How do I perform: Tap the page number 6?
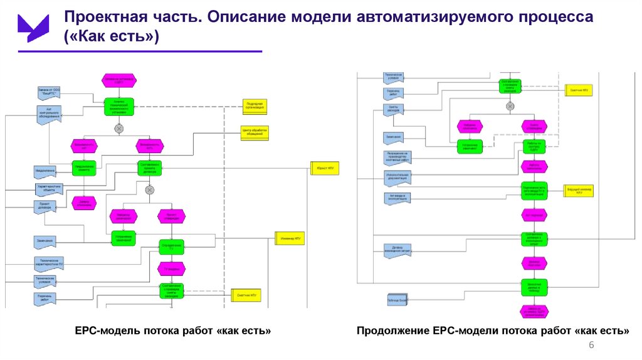point(591,347)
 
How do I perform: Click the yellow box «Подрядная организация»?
point(255,106)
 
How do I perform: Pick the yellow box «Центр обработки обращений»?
point(255,133)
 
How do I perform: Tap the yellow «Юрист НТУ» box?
point(325,168)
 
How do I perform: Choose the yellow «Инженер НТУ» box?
point(289,238)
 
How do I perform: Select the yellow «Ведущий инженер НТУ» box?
point(579,189)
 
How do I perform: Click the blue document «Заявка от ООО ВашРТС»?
point(48,93)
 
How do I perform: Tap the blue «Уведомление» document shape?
point(46,171)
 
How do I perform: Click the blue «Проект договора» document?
point(46,205)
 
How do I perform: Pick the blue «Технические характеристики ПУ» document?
point(48,262)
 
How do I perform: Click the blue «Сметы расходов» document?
point(394,109)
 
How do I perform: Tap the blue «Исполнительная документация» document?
point(397,177)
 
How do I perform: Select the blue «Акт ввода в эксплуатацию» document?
point(396,197)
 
